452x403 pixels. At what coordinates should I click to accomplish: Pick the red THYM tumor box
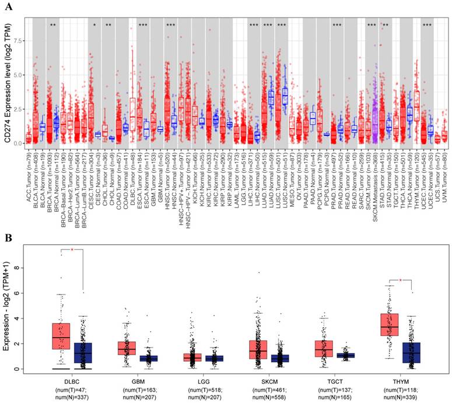[x=389, y=325]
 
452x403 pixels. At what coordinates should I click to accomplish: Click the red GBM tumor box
[x=127, y=348]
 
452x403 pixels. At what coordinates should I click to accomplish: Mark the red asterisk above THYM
[x=401, y=281]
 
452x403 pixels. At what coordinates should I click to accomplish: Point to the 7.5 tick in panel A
[x=18, y=41]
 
